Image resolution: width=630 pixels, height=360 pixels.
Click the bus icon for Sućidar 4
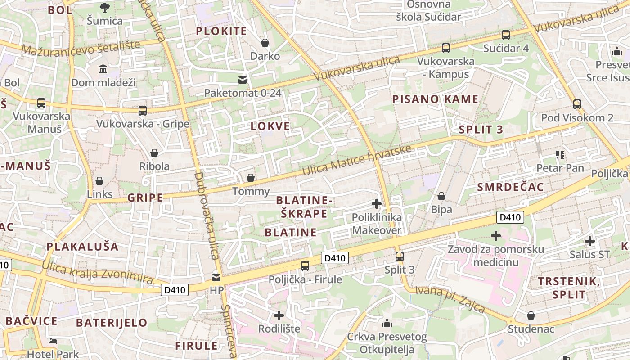[x=506, y=35]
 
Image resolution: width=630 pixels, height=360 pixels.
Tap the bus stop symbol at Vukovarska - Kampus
[x=446, y=48]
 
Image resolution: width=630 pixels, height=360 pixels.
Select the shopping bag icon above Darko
[x=265, y=43]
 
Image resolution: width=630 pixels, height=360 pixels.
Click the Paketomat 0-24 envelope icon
[x=243, y=80]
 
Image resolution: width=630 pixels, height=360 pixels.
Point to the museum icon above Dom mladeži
[x=103, y=69]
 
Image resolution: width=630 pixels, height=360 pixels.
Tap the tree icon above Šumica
[x=104, y=8]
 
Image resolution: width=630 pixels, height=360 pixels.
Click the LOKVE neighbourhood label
[x=270, y=126]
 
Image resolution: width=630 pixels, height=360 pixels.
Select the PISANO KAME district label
[x=435, y=99]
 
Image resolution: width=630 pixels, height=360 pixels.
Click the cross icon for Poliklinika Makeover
[x=377, y=204]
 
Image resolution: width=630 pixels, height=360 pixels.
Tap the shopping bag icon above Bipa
[x=441, y=196]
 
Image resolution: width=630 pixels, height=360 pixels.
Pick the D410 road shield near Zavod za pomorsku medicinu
[x=510, y=218]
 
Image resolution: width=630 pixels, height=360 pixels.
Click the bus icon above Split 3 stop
[x=400, y=256]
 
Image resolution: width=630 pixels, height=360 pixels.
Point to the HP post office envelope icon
[x=216, y=277]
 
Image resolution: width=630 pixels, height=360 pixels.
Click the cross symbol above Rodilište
[x=279, y=315]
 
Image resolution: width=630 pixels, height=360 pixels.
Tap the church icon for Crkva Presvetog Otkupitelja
[x=387, y=323]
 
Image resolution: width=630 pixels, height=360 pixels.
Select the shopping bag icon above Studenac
[x=531, y=315]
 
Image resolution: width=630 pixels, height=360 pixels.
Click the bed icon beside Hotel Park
[x=53, y=341]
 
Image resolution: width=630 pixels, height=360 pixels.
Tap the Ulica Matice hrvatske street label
[x=356, y=161]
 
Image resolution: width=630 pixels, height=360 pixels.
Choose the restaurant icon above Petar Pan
[x=560, y=155]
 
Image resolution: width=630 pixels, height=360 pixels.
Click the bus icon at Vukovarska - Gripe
[x=143, y=110]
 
